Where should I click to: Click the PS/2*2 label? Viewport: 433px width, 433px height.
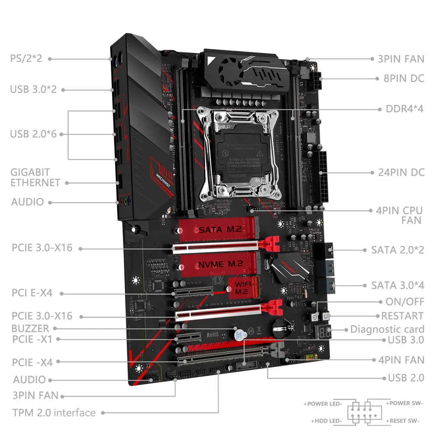pyautogui.click(x=26, y=58)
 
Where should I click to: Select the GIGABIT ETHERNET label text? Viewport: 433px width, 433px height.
pyautogui.click(x=36, y=178)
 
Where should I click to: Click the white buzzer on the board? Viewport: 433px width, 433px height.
pyautogui.click(x=237, y=334)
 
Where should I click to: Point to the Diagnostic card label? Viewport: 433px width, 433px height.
pyautogui.click(x=387, y=329)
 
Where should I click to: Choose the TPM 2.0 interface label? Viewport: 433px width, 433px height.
pyautogui.click(x=54, y=412)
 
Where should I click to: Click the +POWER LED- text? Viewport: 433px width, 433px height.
pyautogui.click(x=324, y=404)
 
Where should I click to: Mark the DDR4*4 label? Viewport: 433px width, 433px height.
pyautogui.click(x=404, y=108)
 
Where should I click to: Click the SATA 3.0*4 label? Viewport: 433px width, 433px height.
pyautogui.click(x=397, y=285)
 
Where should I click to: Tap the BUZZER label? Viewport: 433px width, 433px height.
pyautogui.click(x=30, y=328)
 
